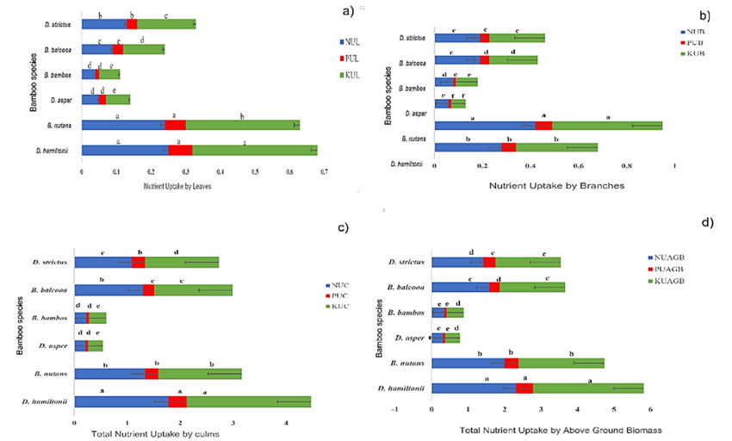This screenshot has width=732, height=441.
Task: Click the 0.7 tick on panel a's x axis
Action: click(x=324, y=171)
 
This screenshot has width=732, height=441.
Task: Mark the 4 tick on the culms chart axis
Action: click(x=285, y=421)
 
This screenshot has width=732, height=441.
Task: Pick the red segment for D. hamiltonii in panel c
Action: click(x=177, y=401)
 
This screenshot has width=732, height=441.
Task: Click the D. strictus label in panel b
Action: click(x=417, y=38)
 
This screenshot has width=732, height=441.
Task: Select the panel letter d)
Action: click(x=708, y=222)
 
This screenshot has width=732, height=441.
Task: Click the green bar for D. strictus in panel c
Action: click(x=182, y=263)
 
